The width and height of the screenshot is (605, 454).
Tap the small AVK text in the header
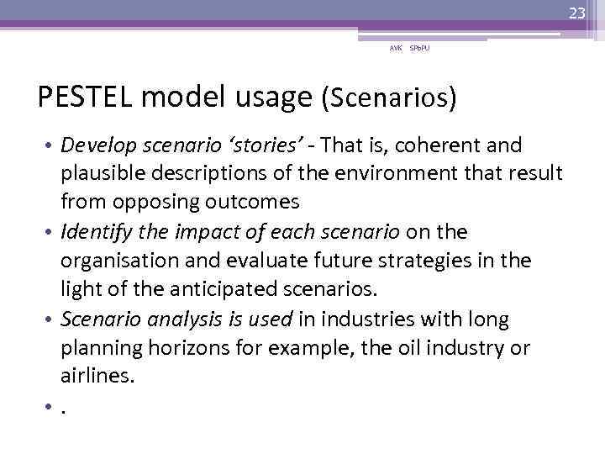click(x=395, y=50)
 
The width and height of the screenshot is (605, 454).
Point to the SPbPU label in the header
click(x=420, y=50)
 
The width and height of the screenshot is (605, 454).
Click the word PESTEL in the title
click(x=86, y=98)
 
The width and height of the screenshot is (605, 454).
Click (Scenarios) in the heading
click(x=389, y=98)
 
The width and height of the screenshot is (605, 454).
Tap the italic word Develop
click(x=95, y=146)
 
